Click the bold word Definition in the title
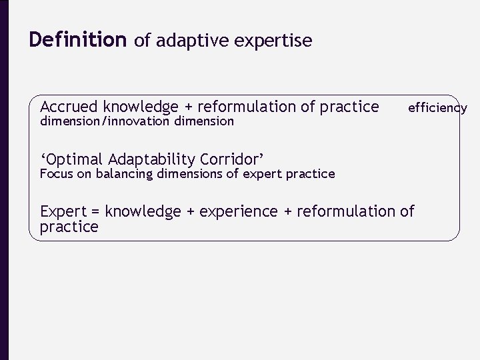tap(77, 41)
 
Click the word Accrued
tap(68, 107)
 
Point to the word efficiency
tap(437, 107)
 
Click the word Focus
tap(55, 174)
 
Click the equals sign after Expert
tap(95, 212)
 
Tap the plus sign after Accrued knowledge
tap(189, 107)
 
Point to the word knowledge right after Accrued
tap(141, 107)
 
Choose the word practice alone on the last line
tap(69, 227)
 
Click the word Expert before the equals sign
tap(63, 212)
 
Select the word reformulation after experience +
tap(346, 211)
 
